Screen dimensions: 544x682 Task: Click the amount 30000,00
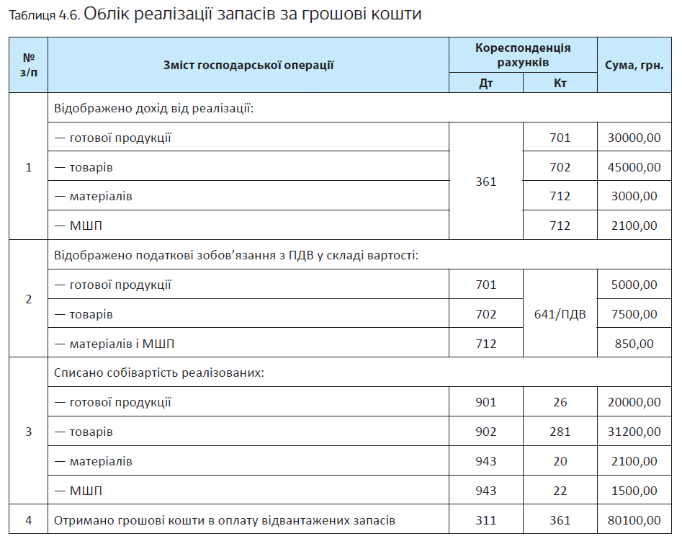pos(634,138)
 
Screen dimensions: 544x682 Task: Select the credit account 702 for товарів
pos(560,167)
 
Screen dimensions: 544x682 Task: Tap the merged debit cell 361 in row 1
pos(486,182)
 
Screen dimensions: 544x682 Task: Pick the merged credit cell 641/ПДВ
pos(560,314)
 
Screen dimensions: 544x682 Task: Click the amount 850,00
pos(634,344)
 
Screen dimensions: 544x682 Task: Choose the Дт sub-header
pos(486,83)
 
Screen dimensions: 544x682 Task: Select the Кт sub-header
pos(560,83)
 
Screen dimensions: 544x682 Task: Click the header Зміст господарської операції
pos(248,65)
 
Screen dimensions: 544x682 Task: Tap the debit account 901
pos(486,402)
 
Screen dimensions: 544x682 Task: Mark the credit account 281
pos(560,432)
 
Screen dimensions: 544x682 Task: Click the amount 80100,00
pos(634,520)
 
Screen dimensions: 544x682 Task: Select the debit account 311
pos(486,520)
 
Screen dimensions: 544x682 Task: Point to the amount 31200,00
pos(634,432)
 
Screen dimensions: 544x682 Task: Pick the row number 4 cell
pos(29,520)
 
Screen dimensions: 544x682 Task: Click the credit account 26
pos(560,402)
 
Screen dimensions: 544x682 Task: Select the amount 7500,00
pos(634,314)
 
